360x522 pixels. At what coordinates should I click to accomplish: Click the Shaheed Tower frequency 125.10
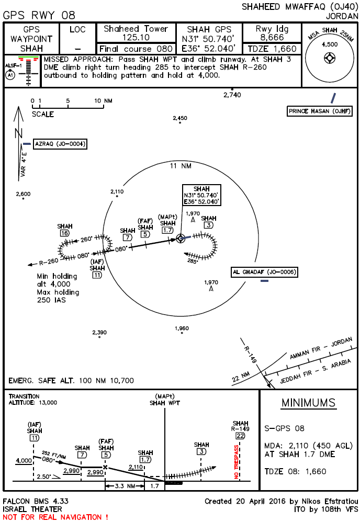click(x=136, y=38)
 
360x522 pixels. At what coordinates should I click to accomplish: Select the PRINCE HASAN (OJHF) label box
click(x=319, y=111)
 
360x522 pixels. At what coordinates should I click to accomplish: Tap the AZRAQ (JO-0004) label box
click(x=60, y=144)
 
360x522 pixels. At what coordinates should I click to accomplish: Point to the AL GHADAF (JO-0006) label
click(x=265, y=272)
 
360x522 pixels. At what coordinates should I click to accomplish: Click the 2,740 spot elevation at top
click(x=231, y=95)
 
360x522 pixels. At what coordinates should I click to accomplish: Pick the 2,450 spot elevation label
click(x=179, y=118)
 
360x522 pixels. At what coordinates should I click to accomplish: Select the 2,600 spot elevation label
click(x=23, y=194)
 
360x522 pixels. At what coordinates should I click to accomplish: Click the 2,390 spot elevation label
click(x=99, y=332)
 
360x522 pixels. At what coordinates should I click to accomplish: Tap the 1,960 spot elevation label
click(x=182, y=328)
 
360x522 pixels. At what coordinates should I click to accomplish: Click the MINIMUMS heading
click(x=308, y=403)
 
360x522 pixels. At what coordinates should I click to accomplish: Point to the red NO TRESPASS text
click(x=236, y=462)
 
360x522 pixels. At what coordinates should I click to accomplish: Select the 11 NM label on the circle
click(x=180, y=166)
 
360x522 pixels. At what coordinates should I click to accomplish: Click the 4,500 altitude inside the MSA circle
click(x=330, y=44)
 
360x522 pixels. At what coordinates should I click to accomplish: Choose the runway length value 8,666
click(x=273, y=38)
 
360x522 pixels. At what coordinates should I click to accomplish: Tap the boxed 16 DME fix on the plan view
click(x=65, y=233)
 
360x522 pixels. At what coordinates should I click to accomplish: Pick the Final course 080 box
click(x=136, y=49)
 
